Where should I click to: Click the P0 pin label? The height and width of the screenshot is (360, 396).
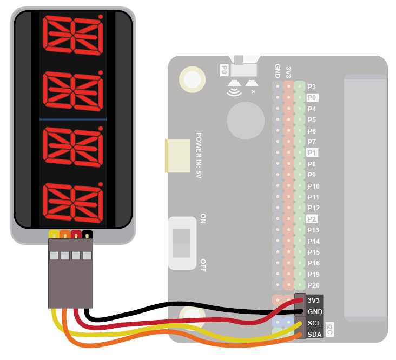tap(312, 98)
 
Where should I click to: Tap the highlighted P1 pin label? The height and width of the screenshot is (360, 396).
tap(312, 152)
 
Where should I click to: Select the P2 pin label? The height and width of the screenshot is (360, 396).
tap(312, 219)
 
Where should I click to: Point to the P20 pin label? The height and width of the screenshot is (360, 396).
tap(314, 285)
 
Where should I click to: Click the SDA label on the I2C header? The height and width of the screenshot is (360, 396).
tap(314, 335)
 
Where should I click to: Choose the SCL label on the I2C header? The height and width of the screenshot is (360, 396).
tap(314, 323)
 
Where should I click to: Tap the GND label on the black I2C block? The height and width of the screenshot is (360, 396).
tap(314, 312)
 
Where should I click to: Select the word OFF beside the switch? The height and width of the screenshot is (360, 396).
tap(203, 265)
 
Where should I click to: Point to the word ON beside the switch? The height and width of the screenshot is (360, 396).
tap(203, 219)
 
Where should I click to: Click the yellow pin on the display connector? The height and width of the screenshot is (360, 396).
tap(54, 235)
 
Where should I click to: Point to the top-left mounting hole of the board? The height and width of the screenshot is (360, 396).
tap(192, 79)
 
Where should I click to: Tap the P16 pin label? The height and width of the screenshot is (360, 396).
tap(314, 263)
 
